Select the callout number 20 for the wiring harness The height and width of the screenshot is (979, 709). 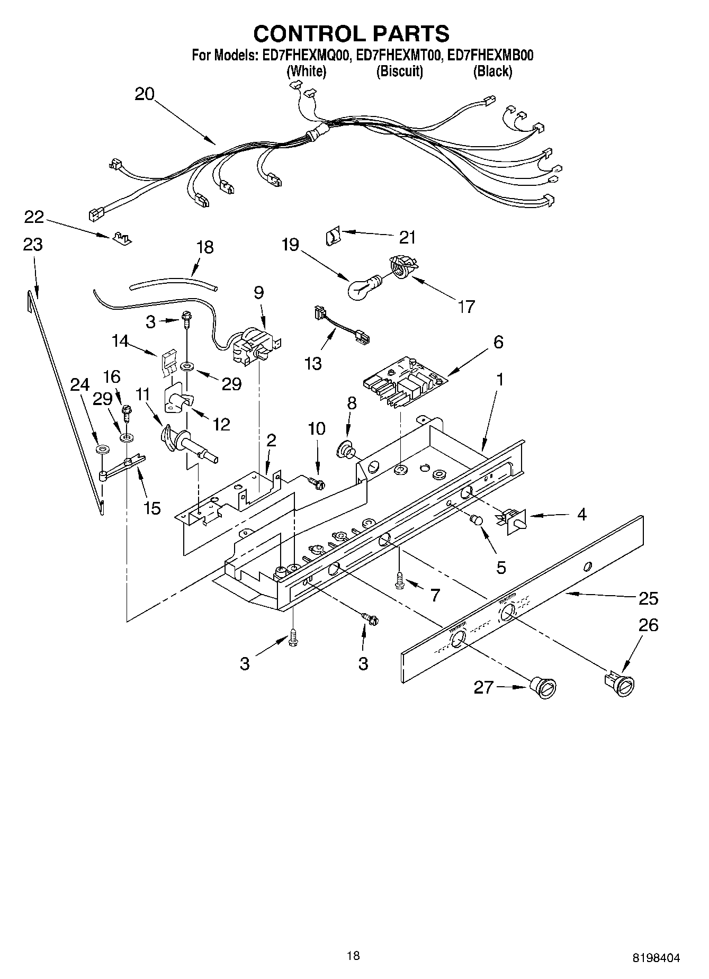pos(144,94)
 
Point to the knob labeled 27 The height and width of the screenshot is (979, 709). pos(543,688)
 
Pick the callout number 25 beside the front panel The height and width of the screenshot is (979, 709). pos(648,598)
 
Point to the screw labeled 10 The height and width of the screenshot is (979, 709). pos(317,481)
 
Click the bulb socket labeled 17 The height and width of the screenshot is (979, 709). pos(402,266)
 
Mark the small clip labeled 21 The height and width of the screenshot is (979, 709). pos(331,235)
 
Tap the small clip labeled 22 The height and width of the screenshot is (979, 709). pos(121,237)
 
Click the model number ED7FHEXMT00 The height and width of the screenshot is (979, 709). pos(399,56)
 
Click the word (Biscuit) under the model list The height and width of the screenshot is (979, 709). pos(399,71)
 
